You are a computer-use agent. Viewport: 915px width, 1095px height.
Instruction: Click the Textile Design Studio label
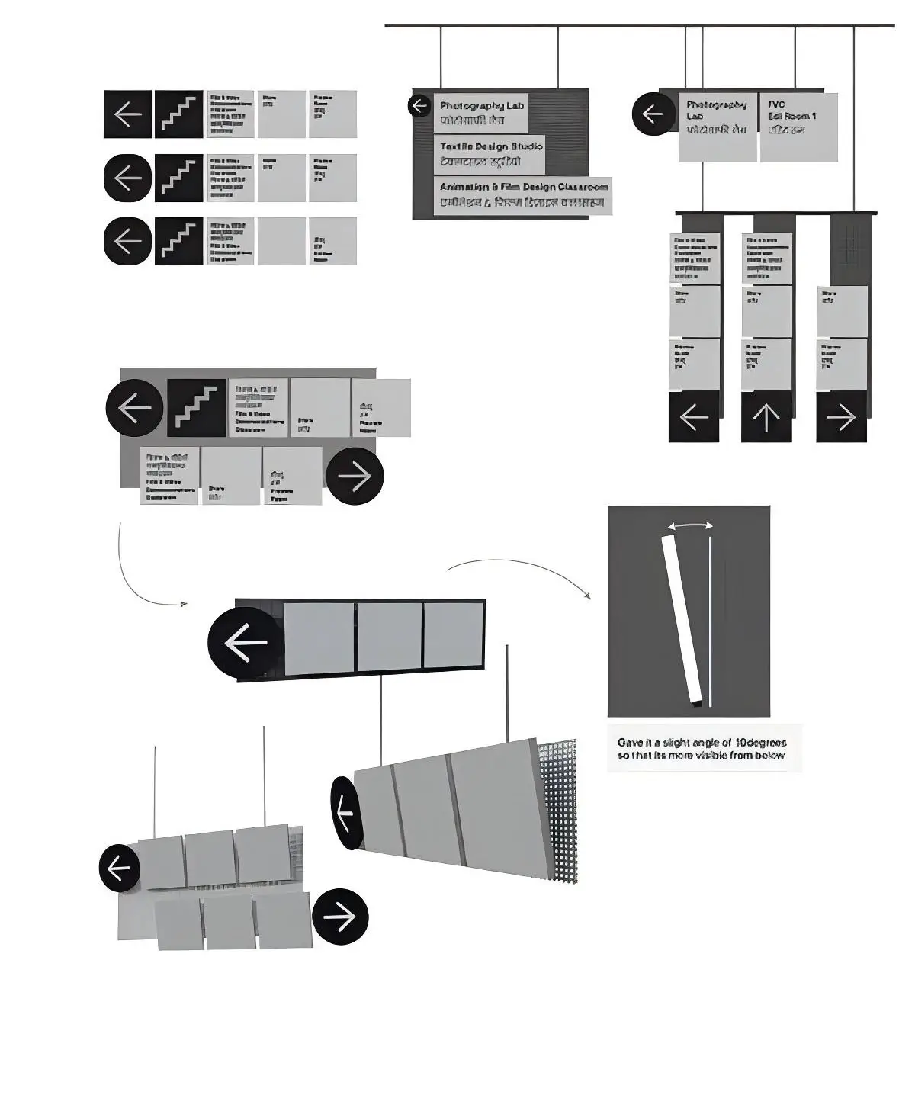(x=490, y=155)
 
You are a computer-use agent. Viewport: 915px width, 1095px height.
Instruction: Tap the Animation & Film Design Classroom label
(x=523, y=196)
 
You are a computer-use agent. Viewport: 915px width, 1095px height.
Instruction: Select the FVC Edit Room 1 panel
(x=798, y=127)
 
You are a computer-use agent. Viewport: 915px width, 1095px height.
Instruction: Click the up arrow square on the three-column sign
(x=766, y=417)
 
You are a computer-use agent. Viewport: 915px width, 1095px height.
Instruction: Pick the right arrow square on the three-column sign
(x=841, y=417)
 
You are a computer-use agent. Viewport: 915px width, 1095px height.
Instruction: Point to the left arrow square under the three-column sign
(x=694, y=417)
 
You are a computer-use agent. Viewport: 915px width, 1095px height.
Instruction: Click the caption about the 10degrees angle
(x=701, y=748)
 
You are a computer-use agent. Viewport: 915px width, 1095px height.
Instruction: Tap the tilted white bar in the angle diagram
(x=682, y=618)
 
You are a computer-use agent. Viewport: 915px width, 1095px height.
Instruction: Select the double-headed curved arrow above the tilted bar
(x=690, y=525)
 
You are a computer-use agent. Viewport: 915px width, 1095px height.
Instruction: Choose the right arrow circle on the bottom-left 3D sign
(x=341, y=917)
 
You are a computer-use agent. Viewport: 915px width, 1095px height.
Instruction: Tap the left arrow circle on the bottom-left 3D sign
(x=120, y=868)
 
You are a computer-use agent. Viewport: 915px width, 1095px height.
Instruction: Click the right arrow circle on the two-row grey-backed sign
(x=355, y=476)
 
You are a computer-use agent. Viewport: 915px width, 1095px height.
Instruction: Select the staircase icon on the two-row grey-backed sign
(x=197, y=408)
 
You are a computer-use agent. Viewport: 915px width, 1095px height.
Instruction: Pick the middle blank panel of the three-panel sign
(x=389, y=637)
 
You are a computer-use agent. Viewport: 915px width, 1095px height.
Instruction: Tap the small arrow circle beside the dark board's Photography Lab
(x=419, y=105)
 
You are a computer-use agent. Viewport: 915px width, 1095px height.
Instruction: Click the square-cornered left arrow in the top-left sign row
(x=128, y=114)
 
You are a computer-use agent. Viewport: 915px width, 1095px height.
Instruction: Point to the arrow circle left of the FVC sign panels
(x=653, y=114)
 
